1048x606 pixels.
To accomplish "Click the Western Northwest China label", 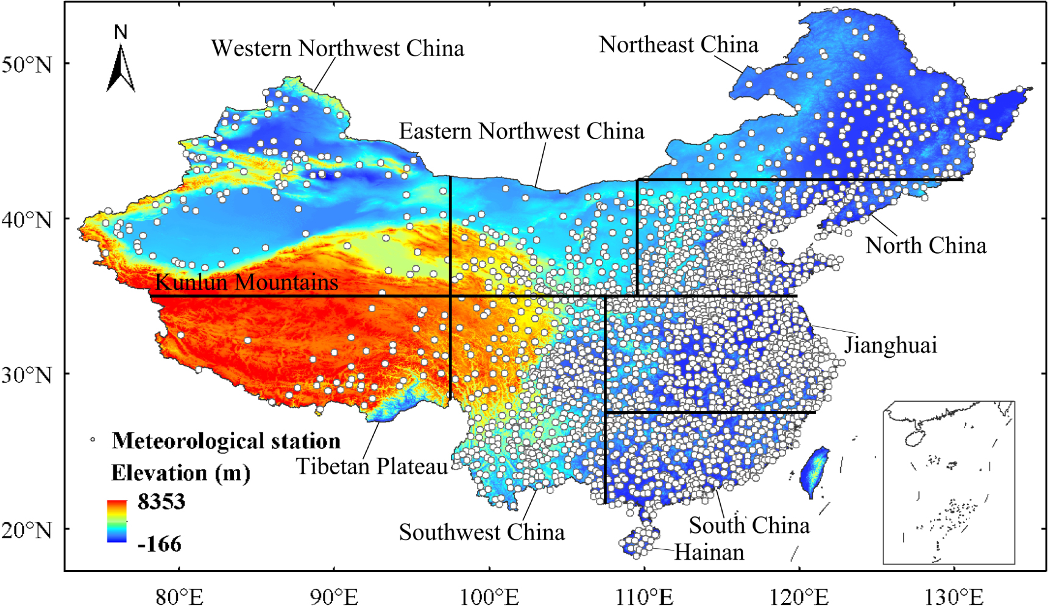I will [x=338, y=49].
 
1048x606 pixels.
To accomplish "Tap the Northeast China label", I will [x=678, y=45].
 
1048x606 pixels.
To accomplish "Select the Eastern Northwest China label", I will [x=521, y=131].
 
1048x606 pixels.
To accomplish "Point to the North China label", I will [x=926, y=246].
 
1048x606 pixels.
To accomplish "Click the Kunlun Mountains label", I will [x=247, y=282].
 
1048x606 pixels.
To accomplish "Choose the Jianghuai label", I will [x=890, y=346].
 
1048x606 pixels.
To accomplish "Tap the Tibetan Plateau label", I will [x=372, y=466].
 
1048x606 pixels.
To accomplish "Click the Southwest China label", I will [x=481, y=532].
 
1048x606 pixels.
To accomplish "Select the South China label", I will [x=749, y=526].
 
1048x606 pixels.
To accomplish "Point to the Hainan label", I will [x=709, y=552].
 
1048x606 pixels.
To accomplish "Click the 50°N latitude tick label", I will [x=27, y=65].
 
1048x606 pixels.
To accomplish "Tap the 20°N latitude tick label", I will [x=27, y=530].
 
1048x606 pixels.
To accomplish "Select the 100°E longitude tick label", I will [x=489, y=596].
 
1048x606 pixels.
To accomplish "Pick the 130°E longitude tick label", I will [x=954, y=596].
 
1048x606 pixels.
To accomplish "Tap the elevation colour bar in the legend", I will [x=117, y=521].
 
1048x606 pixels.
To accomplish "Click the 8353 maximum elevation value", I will [x=161, y=502].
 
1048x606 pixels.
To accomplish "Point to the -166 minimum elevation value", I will [x=160, y=544].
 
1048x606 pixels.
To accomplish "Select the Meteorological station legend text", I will [x=226, y=441].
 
